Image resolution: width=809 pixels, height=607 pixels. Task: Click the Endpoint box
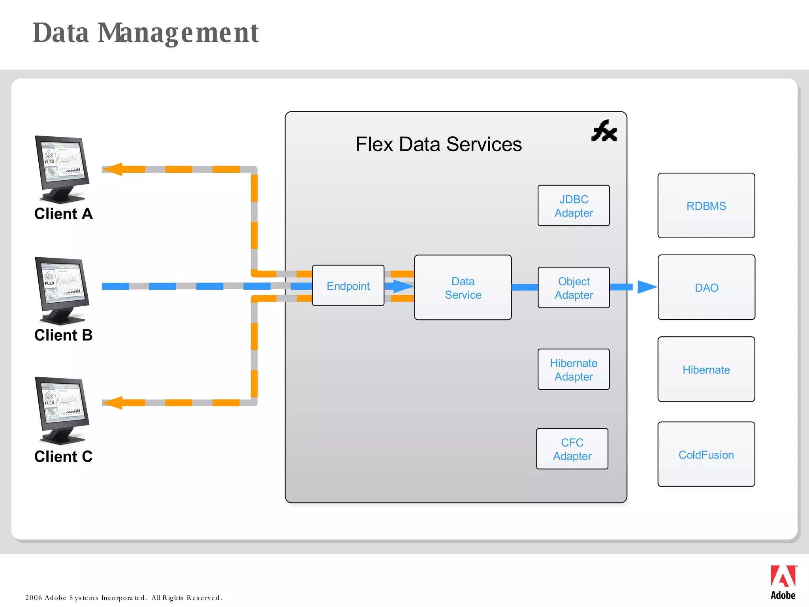point(348,285)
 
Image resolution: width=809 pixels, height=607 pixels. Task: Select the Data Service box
point(463,288)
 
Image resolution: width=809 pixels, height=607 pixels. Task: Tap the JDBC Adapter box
point(573,205)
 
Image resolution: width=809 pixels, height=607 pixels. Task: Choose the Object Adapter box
point(573,288)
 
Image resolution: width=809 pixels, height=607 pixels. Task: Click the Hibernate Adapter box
point(573,369)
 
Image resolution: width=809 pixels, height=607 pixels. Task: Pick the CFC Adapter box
point(572,449)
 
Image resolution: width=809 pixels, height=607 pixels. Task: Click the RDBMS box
point(706,206)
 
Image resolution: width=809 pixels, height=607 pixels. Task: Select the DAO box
point(706,287)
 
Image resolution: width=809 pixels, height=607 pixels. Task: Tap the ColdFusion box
point(706,454)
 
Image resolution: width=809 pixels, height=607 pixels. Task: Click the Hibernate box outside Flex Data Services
point(706,369)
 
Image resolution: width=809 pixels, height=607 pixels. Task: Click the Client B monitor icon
point(62,290)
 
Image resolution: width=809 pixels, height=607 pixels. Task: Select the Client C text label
point(63,456)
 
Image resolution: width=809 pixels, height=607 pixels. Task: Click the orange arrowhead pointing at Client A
point(113,169)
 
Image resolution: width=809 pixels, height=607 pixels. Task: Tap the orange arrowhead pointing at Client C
point(113,403)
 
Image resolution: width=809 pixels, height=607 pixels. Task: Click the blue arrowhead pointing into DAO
point(646,287)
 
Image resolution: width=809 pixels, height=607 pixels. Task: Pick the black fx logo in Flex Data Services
point(604,131)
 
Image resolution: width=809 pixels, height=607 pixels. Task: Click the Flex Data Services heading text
point(438,144)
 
